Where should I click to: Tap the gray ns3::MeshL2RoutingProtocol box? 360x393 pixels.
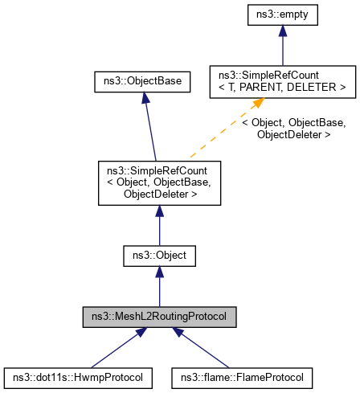tap(159, 316)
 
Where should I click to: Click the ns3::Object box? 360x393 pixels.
tap(159, 256)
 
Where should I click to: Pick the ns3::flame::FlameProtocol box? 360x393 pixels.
tap(241, 375)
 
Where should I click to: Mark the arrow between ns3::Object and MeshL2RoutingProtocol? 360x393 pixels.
tap(159, 288)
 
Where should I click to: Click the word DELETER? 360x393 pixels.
tap(319, 87)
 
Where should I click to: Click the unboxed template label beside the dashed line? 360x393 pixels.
tap(294, 129)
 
